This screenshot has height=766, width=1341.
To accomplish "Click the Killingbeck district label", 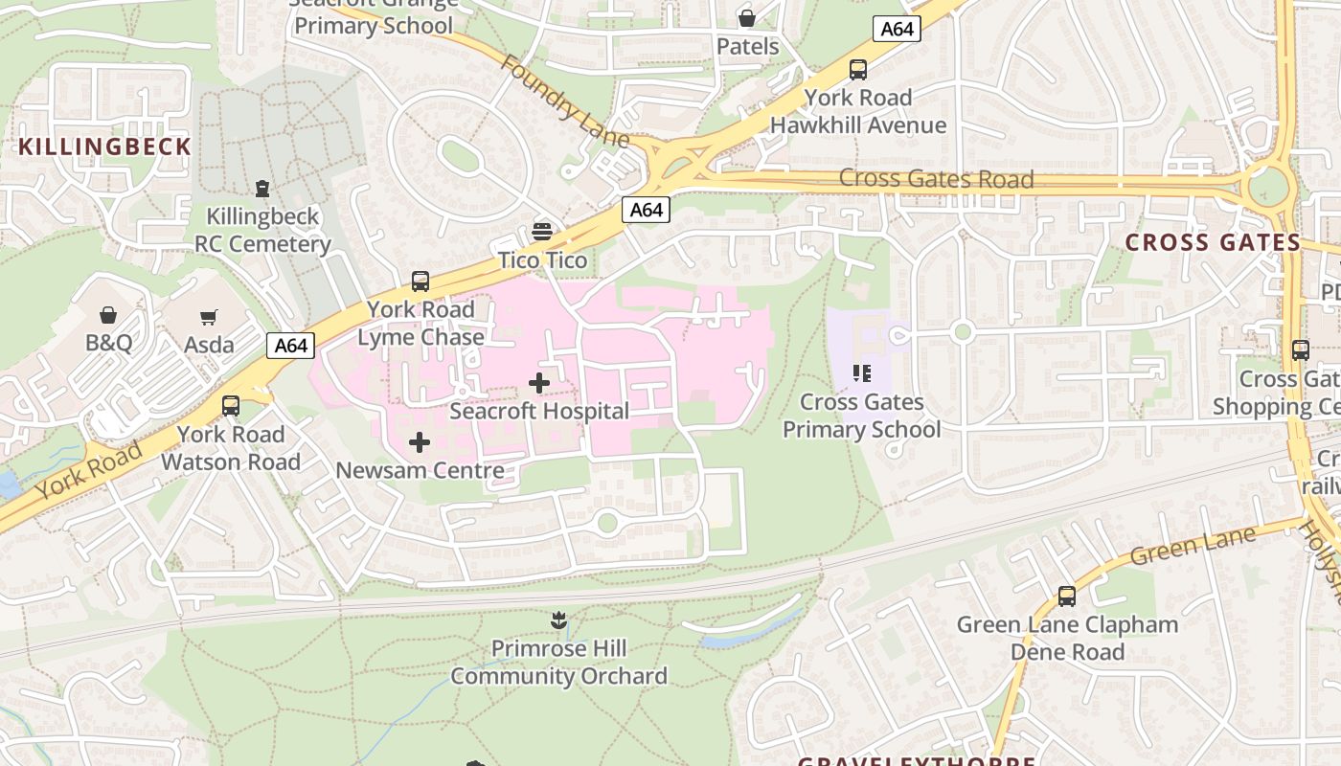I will pos(105,146).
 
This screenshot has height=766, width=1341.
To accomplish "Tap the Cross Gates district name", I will pos(1213,242).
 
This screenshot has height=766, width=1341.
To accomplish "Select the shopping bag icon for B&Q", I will pos(108,315).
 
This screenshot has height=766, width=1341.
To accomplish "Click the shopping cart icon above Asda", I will pos(209,317).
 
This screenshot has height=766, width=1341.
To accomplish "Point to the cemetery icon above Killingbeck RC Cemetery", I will pos(262,189).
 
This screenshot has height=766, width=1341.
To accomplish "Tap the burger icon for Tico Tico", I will pos(542,232).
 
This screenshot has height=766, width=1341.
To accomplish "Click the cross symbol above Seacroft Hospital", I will pos(539,384).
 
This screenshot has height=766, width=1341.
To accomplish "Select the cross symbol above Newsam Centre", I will pos(420,442).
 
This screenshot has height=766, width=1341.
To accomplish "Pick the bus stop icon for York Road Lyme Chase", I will pos(420,282).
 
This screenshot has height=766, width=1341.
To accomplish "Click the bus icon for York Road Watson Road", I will pos(231,406).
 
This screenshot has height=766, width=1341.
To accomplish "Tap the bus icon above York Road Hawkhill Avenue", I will pos(858,70).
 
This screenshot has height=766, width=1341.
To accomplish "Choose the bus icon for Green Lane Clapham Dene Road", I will pos(1067,597).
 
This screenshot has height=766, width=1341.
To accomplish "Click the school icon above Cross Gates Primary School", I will pos(861,373).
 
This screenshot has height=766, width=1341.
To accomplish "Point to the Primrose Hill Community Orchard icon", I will pos(559,620).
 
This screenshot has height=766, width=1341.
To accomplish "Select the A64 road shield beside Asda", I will pos(290,346).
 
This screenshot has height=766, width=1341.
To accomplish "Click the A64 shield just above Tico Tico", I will pos(646,210).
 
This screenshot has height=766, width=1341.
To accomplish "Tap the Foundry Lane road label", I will pos(564,101).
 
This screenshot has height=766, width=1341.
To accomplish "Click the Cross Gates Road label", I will pos(936,179).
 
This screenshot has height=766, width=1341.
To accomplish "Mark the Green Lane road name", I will pos(1192,546).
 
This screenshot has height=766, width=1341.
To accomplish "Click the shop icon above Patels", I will pos(747,18).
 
